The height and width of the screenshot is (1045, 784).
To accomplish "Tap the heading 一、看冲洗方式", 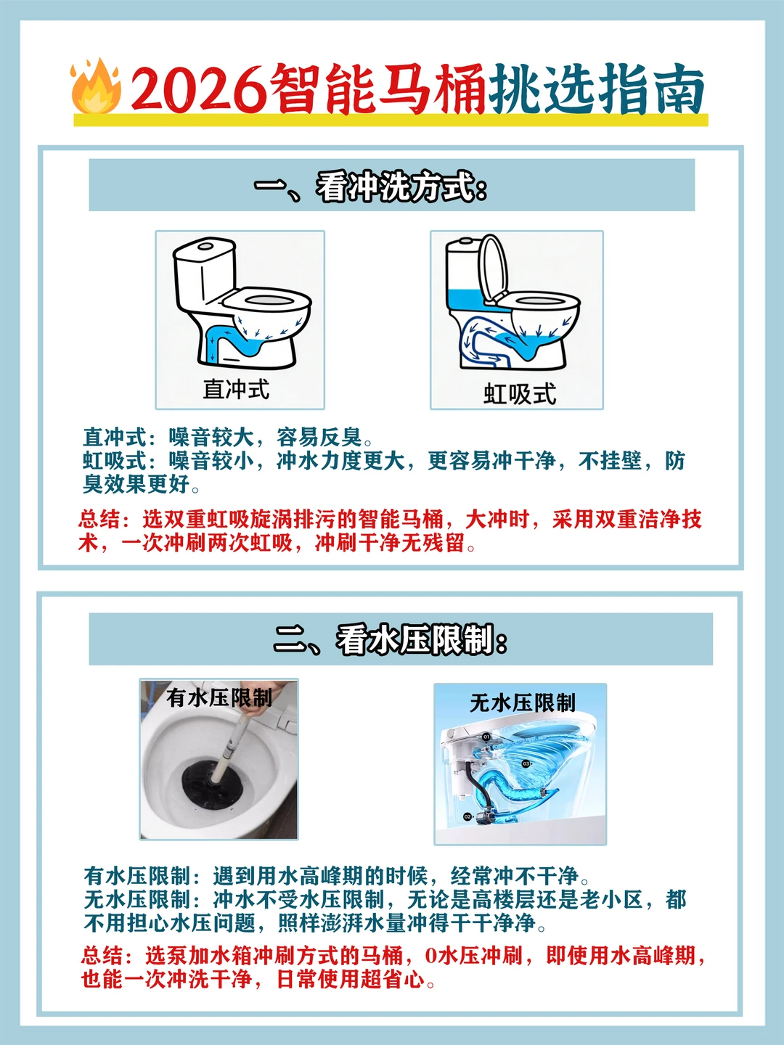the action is click(x=370, y=187).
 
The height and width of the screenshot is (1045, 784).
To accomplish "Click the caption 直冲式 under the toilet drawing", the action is click(x=236, y=390).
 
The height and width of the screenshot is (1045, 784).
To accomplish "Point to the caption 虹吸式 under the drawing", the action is click(x=520, y=394).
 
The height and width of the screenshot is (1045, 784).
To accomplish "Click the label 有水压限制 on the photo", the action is click(x=219, y=698).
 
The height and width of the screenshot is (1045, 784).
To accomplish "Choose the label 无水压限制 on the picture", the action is click(x=523, y=702).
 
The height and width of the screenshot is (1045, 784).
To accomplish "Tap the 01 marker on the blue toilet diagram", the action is click(x=486, y=737).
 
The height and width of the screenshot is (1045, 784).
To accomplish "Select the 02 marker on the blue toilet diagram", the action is click(x=467, y=817).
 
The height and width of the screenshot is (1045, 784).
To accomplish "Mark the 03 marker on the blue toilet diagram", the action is click(x=526, y=764).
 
